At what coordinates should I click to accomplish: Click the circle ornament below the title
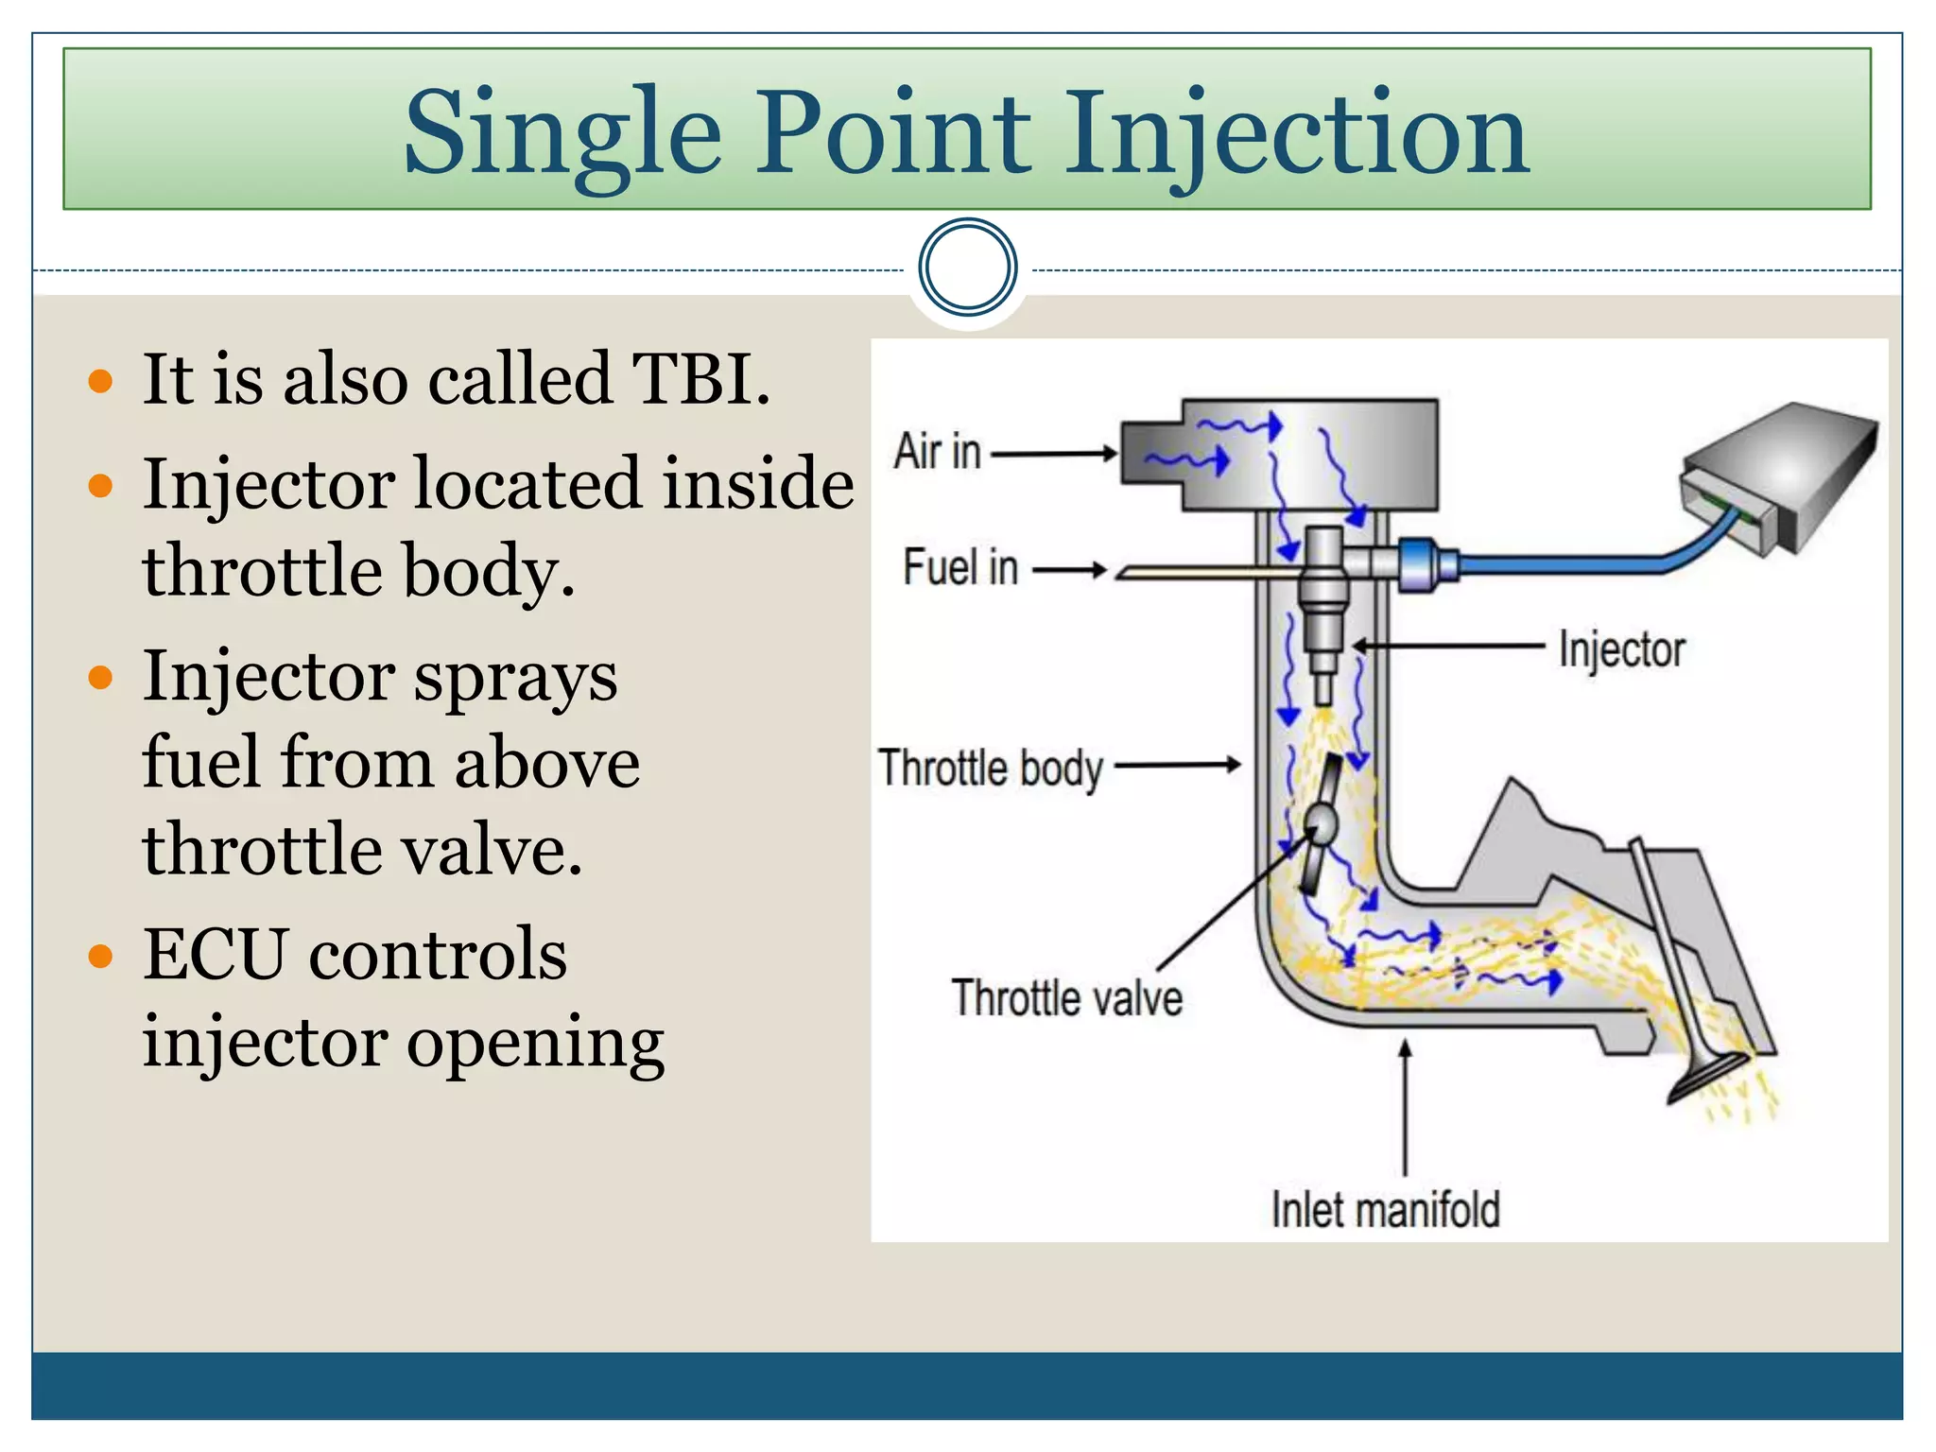pos(967,268)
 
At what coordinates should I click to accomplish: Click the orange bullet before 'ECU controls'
pos(100,956)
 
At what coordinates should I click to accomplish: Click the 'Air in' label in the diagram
pos(937,452)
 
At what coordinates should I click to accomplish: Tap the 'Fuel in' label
pos(959,568)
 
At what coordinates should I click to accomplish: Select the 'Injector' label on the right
pos(1620,650)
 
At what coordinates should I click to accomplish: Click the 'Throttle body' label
pos(990,768)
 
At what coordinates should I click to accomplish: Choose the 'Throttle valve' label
pos(1066,999)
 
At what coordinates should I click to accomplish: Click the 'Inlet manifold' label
pos(1385,1211)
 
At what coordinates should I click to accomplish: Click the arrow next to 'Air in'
pos(1053,454)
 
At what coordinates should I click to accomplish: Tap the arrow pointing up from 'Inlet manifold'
pos(1405,1106)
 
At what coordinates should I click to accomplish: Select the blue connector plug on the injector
pos(1423,564)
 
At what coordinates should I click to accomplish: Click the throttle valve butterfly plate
pos(1320,823)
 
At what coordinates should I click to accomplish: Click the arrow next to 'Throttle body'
pos(1177,765)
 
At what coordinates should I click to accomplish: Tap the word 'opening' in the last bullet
pos(535,1044)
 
